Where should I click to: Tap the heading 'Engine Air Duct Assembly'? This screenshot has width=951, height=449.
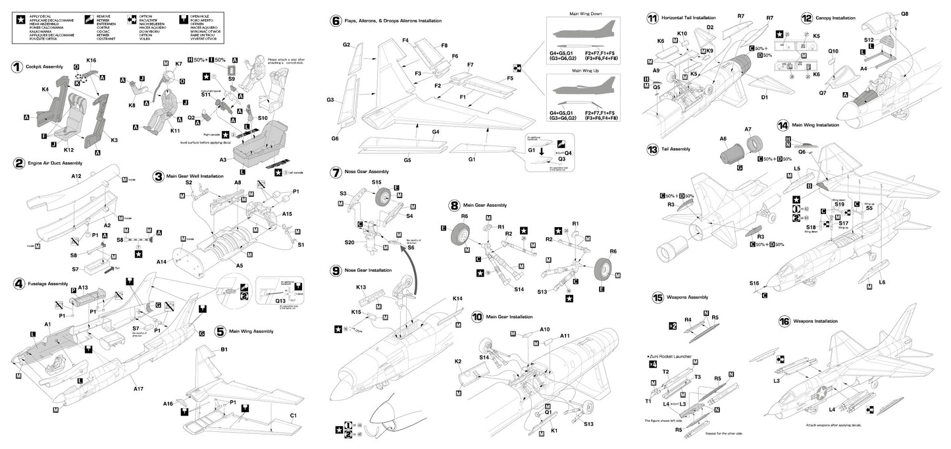pos(54,162)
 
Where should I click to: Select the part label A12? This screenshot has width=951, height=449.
pos(76,176)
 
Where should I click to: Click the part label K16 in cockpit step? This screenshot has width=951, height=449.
pos(91,60)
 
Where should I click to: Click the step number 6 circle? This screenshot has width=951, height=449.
pos(336,21)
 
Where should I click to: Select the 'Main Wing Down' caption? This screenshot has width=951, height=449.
pos(584,13)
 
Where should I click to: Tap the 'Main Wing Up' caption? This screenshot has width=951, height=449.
pos(584,69)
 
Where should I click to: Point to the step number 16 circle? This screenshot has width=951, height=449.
pos(783,321)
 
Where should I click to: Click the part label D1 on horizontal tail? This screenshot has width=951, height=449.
pos(764,97)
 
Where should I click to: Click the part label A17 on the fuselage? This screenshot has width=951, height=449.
pos(138,389)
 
